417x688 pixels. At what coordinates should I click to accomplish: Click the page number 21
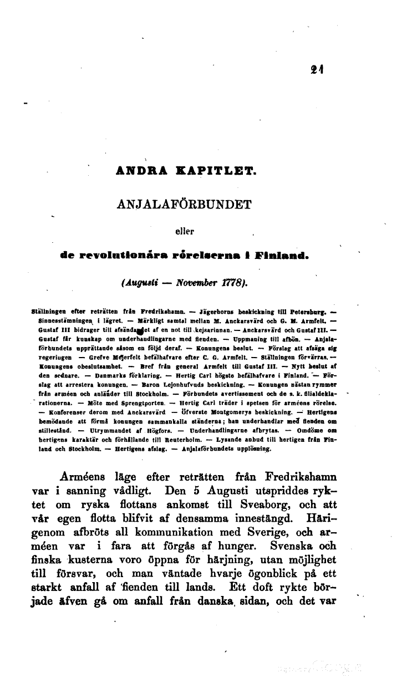click(x=317, y=69)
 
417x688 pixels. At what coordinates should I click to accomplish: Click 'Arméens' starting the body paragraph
click(x=85, y=477)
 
